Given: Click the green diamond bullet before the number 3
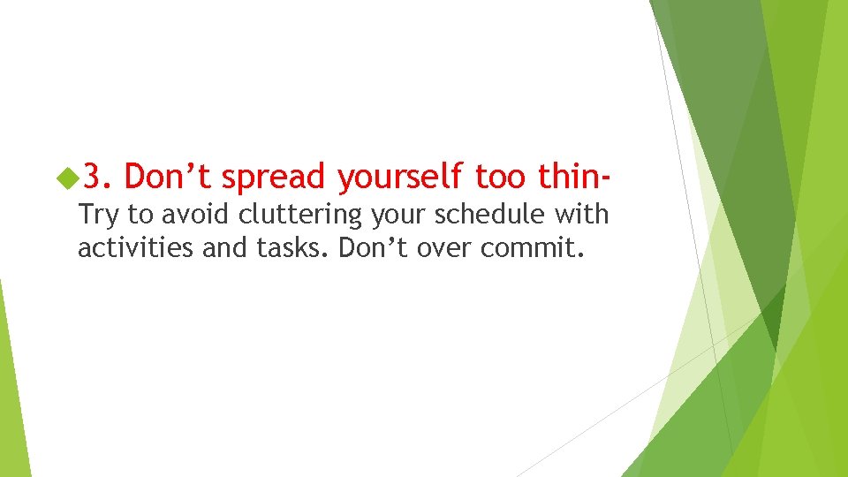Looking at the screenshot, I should click(66, 178).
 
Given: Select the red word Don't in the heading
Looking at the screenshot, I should click(168, 177).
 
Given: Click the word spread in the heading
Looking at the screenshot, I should click(274, 178).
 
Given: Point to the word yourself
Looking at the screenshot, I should click(400, 178).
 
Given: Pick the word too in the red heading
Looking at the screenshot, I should click(499, 177).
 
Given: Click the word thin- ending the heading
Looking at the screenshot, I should click(572, 177).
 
